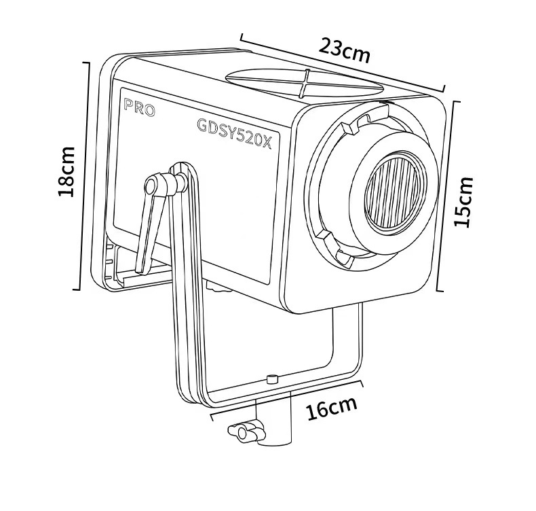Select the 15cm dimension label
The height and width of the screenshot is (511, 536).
click(x=463, y=201)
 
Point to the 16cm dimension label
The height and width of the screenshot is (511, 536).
click(x=330, y=410)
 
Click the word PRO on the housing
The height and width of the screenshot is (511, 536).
click(x=140, y=107)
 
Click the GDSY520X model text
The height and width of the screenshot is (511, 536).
click(x=233, y=128)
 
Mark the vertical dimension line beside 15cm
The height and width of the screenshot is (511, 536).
click(x=440, y=197)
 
